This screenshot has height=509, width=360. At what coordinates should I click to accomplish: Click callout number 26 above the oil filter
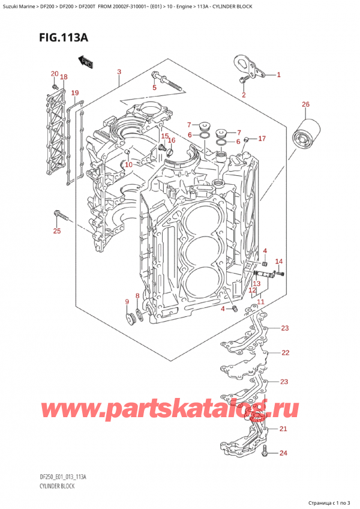[x=305, y=105]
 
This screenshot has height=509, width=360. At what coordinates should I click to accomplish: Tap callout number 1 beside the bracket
[x=278, y=75]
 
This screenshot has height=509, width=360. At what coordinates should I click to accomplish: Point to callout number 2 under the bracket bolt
[x=244, y=95]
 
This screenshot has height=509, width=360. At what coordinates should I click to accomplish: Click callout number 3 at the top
[x=119, y=73]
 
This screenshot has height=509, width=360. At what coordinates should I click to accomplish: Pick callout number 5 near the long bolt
[x=154, y=88]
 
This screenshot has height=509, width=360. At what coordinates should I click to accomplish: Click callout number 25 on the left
[x=57, y=231]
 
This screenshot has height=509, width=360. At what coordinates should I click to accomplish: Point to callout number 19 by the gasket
[x=74, y=93]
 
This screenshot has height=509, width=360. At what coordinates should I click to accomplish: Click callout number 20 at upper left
[x=54, y=74]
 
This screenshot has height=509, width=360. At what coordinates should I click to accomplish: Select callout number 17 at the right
[x=262, y=139]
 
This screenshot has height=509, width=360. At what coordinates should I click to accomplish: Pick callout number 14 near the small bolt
[x=278, y=261]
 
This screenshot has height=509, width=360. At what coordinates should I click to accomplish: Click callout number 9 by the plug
[x=127, y=301]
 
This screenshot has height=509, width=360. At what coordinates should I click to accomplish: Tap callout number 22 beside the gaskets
[x=285, y=352]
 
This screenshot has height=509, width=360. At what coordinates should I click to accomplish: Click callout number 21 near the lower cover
[x=283, y=429]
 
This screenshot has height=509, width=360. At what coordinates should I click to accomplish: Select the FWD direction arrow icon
[x=83, y=60]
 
